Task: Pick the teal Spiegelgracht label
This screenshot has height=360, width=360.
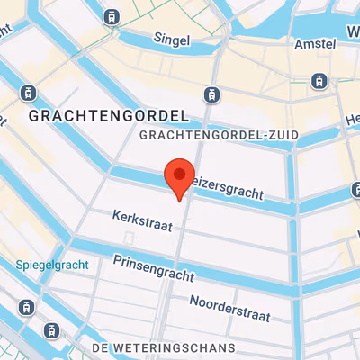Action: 52,265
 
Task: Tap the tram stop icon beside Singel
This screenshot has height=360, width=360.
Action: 112,15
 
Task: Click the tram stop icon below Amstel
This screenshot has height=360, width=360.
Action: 318,81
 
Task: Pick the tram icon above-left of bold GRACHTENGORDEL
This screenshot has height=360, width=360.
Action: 28,93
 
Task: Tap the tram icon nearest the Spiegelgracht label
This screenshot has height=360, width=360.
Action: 28,307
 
